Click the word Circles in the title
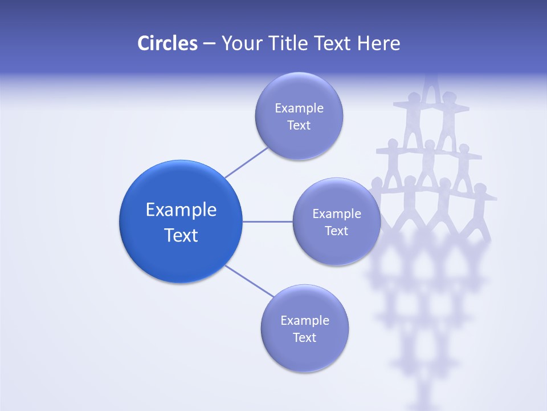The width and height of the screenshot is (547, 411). [167, 43]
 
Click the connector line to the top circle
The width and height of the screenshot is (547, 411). [246, 163]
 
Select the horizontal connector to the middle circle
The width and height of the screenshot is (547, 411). [267, 221]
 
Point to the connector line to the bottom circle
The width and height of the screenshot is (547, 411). [250, 281]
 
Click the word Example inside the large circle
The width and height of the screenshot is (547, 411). [181, 210]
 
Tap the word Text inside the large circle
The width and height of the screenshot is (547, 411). [181, 235]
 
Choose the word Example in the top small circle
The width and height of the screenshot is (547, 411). [299, 108]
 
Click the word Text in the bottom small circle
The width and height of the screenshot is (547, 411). [304, 338]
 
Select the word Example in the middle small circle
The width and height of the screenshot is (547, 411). [336, 214]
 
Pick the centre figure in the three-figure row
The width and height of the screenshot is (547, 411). [428, 163]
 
